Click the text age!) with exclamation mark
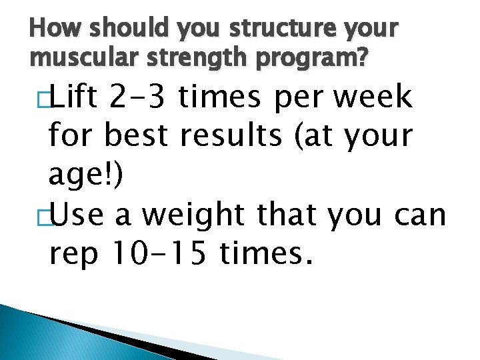(x=84, y=176)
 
